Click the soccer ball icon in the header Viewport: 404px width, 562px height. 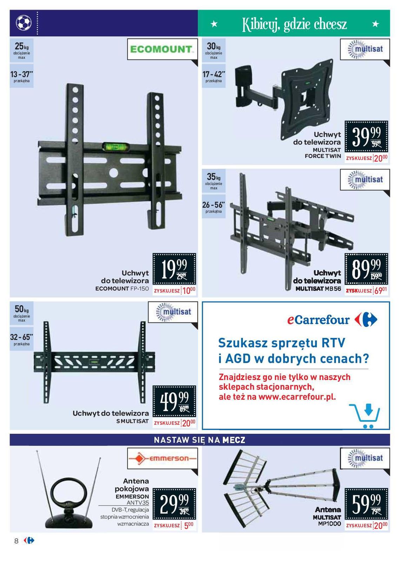pyautogui.click(x=24, y=23)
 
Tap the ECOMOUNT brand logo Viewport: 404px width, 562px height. pyautogui.click(x=162, y=49)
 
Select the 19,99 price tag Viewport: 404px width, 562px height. pyautogui.click(x=174, y=269)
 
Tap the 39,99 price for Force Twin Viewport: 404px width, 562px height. pyautogui.click(x=366, y=137)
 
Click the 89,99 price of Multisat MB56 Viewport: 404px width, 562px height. pyautogui.click(x=366, y=269)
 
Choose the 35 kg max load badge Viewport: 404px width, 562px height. pyautogui.click(x=213, y=180)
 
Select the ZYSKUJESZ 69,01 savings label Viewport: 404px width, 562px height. pyautogui.click(x=366, y=291)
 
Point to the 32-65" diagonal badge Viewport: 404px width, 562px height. pyautogui.click(x=21, y=339)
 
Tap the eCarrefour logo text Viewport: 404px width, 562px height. pyautogui.click(x=318, y=320)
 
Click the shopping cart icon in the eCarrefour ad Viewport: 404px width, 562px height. pyautogui.click(x=365, y=416)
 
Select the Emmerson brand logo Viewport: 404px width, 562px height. pyautogui.click(x=162, y=458)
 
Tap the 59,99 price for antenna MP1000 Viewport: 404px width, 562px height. pyautogui.click(x=366, y=504)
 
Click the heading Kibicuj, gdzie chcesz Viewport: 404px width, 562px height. pyautogui.click(x=294, y=24)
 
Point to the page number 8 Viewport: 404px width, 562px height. pyautogui.click(x=16, y=541)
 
